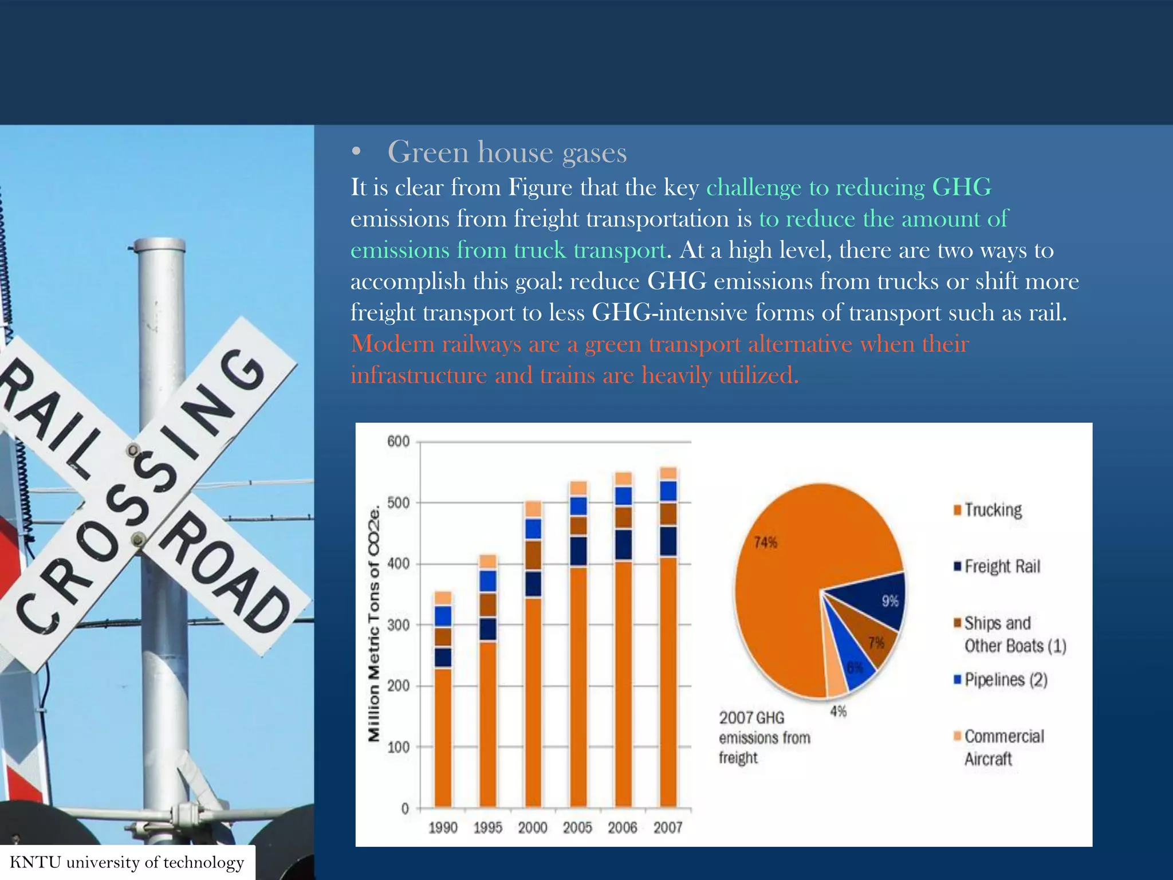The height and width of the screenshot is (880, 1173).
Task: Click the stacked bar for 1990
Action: (443, 699)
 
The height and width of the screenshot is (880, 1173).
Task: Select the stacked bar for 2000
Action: (533, 653)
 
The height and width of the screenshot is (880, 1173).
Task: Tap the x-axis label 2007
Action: (668, 827)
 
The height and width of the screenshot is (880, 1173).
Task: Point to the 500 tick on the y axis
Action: (399, 503)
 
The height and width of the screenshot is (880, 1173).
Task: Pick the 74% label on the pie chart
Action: (765, 542)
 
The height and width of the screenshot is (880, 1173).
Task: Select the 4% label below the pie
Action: (838, 711)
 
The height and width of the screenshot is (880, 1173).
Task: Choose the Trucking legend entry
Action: (988, 510)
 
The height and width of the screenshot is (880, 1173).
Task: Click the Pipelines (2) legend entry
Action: (1001, 680)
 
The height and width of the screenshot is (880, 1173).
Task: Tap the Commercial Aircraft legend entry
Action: (999, 747)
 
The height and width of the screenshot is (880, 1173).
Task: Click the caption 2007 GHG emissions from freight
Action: (763, 737)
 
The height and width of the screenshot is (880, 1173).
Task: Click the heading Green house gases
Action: (507, 152)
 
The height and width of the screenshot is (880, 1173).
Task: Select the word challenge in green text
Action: (753, 187)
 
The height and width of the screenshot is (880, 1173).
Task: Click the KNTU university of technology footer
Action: (127, 862)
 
